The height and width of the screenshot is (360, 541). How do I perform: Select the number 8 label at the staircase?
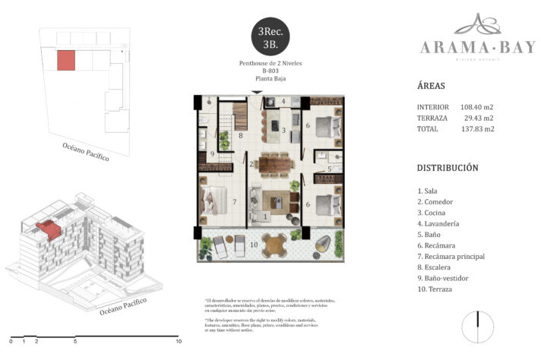click(x=240, y=136)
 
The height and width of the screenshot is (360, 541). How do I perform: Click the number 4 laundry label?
click(x=283, y=101)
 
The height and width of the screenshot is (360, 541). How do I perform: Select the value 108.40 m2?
click(x=477, y=107)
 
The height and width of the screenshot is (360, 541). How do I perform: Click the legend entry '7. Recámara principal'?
click(x=451, y=256)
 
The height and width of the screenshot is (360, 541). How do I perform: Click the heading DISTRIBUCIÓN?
click(x=448, y=168)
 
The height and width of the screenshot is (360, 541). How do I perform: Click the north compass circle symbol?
click(x=479, y=323)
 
